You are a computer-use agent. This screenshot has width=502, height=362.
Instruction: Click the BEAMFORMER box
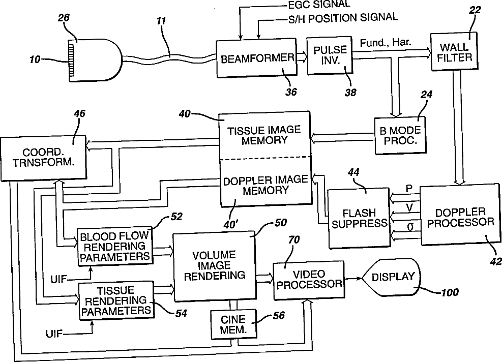tap(256, 58)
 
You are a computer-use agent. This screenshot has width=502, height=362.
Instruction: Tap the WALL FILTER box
tap(454, 51)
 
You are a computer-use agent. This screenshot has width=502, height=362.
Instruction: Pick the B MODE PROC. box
tap(400, 135)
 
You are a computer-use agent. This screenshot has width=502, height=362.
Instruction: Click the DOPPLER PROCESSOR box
tap(460, 215)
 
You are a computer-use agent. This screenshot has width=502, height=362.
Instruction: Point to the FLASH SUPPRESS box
tap(359, 218)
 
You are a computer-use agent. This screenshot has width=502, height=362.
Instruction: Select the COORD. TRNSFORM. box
tap(43, 157)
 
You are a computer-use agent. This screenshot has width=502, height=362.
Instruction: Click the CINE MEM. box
tap(233, 324)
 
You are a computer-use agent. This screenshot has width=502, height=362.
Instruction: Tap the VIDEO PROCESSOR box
tap(309, 280)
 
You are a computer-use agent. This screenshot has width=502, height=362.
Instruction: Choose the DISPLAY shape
tap(391, 277)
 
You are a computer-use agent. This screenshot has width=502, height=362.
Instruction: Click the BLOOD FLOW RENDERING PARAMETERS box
tap(115, 247)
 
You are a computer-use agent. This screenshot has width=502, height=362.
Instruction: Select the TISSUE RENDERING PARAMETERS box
tap(116, 300)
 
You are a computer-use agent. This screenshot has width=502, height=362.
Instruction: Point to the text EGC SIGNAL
tap(318, 4)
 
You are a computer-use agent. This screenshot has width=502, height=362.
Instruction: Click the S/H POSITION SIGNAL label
tap(343, 18)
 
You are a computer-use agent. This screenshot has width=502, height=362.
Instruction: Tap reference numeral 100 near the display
tap(450, 292)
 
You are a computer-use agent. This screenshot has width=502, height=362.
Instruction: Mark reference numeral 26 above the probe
tap(64, 18)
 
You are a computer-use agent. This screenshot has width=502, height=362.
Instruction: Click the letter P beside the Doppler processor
tap(409, 189)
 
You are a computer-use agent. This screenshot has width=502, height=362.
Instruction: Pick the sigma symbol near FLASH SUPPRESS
tap(410, 227)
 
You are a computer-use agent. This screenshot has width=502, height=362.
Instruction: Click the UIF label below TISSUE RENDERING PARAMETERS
tap(54, 334)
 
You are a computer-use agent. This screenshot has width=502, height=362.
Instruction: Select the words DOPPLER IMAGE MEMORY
tap(265, 185)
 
